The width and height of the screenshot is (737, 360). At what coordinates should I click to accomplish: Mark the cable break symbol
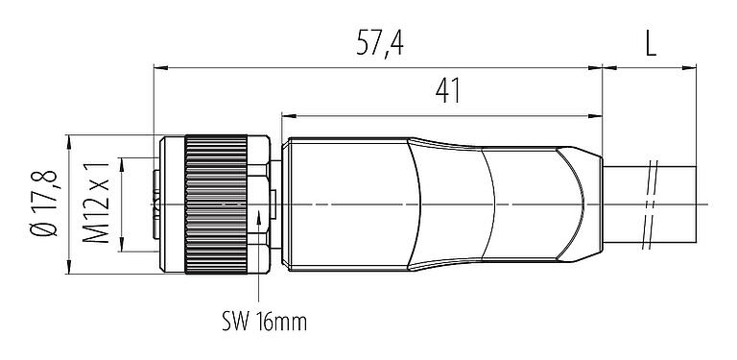click(654, 204)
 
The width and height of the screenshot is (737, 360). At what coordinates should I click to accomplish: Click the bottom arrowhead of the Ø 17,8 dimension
click(70, 268)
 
